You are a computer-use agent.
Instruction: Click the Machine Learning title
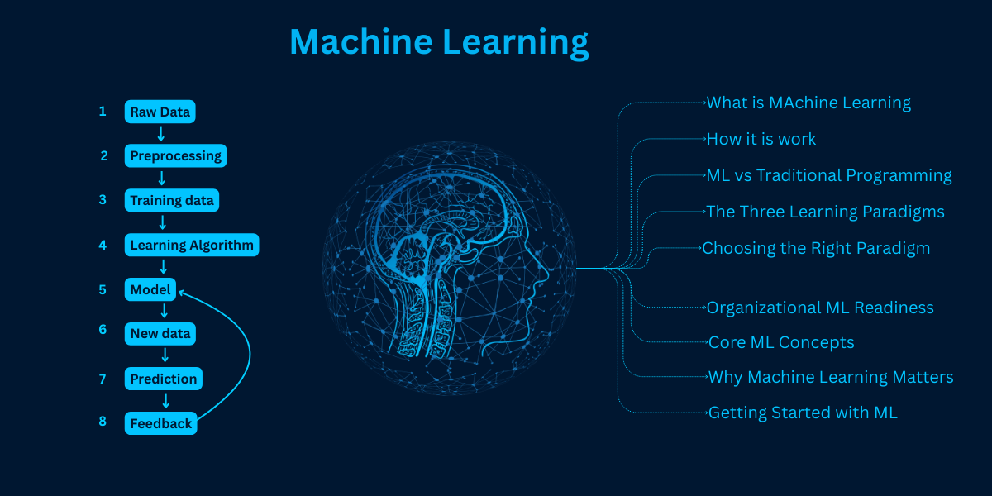439,41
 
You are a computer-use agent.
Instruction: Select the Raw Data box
160,112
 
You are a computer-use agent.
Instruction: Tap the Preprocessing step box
176,155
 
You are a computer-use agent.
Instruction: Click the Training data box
172,200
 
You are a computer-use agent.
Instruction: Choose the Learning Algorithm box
192,245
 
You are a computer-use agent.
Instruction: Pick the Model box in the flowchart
150,289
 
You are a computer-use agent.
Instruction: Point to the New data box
160,334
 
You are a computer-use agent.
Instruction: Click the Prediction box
164,379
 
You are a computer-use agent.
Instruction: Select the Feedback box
161,423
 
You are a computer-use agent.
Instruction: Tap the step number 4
103,245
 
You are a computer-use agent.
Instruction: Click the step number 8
103,421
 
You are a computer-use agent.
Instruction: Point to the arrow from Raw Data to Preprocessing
161,133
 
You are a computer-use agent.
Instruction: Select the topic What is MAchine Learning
808,103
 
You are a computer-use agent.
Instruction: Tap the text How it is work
761,139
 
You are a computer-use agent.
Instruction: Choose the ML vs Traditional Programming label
829,175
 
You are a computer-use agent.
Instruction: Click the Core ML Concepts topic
781,342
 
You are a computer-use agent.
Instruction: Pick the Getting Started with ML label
803,413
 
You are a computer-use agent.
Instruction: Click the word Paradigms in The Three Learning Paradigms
903,212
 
